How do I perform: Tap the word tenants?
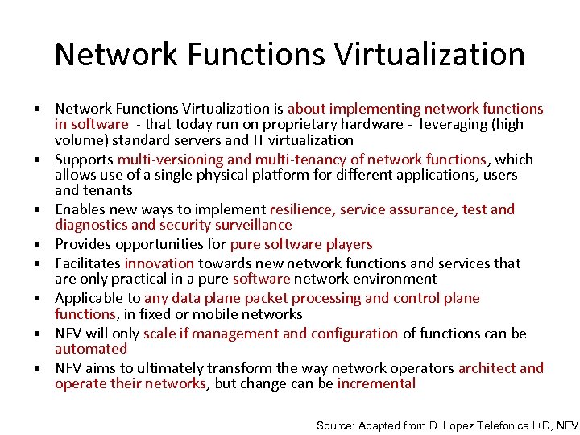[x=109, y=190]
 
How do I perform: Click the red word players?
[x=349, y=244]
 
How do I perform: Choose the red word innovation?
[x=159, y=263]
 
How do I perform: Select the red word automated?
[x=91, y=349]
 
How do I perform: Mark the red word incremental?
[x=376, y=383]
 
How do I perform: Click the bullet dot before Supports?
[x=38, y=160]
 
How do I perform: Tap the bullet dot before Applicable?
[x=38, y=299]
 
